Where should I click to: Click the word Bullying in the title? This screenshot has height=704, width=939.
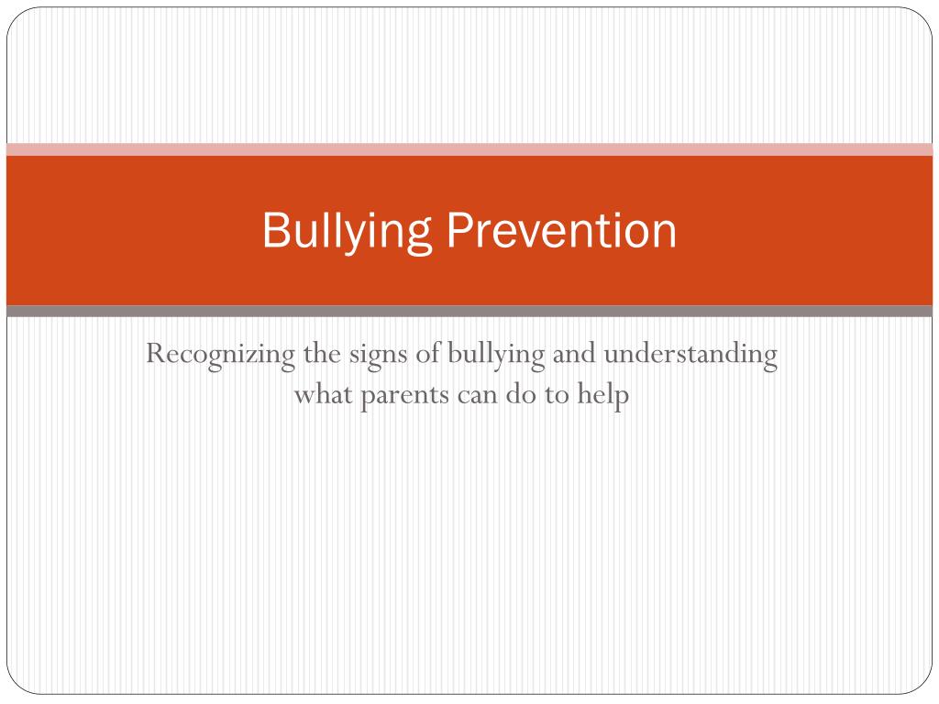click(x=347, y=231)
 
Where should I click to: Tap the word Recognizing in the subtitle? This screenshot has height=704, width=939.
click(x=220, y=355)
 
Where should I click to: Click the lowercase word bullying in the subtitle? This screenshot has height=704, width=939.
click(x=496, y=355)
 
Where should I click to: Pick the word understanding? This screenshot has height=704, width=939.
click(x=690, y=355)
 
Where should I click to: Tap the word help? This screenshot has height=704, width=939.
click(x=603, y=395)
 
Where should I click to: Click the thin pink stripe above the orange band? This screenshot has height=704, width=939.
click(x=469, y=149)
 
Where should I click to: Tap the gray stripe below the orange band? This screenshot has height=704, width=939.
click(x=469, y=311)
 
